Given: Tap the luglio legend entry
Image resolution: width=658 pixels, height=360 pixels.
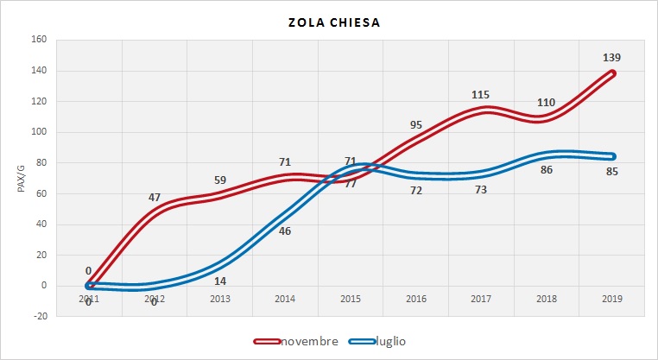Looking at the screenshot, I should [389, 341].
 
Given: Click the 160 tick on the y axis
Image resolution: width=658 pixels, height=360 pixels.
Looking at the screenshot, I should [39, 40].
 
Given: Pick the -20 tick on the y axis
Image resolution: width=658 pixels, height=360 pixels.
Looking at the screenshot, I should [39, 316].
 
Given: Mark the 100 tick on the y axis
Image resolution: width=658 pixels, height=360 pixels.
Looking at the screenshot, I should [39, 132].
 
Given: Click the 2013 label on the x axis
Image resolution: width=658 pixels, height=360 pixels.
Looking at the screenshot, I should [220, 299].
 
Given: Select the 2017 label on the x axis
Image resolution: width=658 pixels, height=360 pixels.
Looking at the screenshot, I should [482, 299].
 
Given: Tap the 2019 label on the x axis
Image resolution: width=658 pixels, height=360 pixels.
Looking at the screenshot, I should [613, 299].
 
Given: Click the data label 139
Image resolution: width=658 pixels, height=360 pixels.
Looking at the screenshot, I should [611, 58].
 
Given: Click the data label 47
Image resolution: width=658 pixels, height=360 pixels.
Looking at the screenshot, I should [155, 198].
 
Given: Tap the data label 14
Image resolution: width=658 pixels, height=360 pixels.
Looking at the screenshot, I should [220, 281].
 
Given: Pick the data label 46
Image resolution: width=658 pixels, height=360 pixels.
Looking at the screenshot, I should [285, 231].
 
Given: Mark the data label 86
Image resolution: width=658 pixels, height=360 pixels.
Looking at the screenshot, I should [546, 171].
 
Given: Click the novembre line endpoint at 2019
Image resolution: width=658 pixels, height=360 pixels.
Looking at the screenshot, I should [612, 73].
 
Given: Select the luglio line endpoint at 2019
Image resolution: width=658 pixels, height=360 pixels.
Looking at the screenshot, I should [612, 156].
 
